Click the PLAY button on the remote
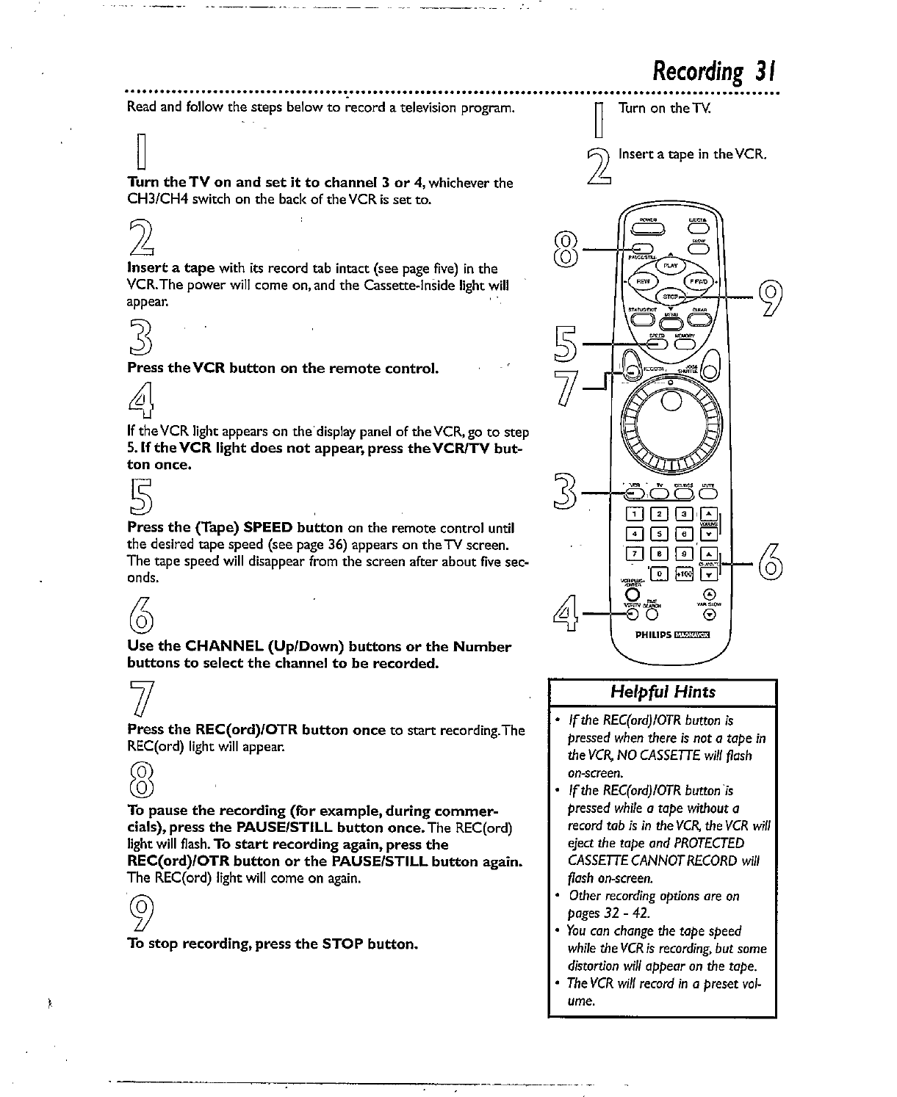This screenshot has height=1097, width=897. coord(670,266)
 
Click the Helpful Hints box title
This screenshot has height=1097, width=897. coord(662,692)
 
